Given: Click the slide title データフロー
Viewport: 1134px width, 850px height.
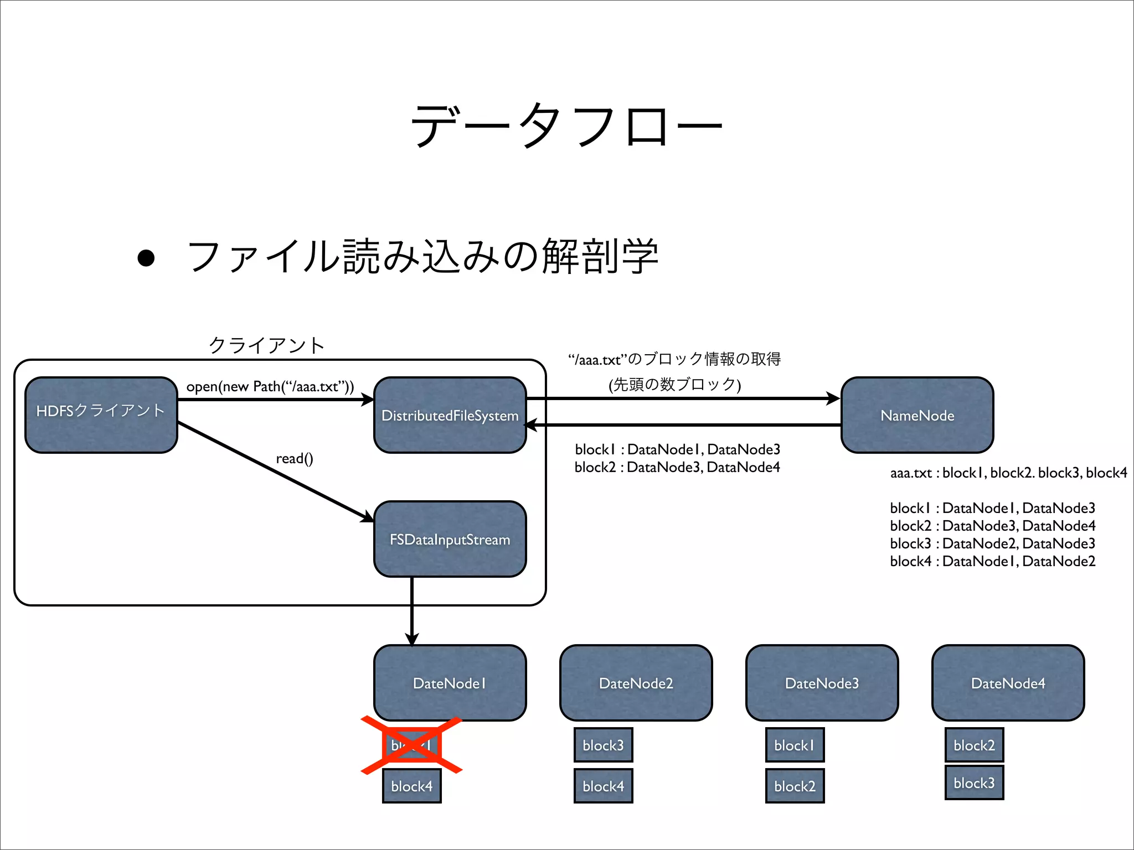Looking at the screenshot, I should tap(566, 126).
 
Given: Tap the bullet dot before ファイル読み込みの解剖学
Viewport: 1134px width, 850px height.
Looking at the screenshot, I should tap(146, 258).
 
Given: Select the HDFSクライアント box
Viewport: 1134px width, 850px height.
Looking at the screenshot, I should tap(101, 415).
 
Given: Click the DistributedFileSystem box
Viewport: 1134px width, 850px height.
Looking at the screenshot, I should tap(450, 416).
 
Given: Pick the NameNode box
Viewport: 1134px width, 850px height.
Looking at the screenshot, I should tap(917, 416).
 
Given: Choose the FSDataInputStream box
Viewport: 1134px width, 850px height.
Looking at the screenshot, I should tap(450, 540).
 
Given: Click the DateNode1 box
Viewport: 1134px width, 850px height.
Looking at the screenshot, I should tap(450, 683).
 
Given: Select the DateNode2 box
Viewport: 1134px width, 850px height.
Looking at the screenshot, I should tap(636, 683).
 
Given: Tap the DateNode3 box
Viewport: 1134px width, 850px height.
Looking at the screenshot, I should tap(822, 683).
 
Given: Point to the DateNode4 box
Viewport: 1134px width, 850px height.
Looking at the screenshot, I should tap(1008, 683).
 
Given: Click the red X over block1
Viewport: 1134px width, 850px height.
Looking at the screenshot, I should tap(411, 745).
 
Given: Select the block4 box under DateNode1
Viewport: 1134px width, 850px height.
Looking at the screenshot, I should tap(411, 786).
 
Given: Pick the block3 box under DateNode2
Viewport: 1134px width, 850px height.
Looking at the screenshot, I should tap(603, 745).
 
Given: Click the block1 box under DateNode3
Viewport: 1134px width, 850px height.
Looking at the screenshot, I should tap(795, 745).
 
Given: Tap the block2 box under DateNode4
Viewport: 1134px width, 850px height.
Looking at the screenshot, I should tap(974, 745).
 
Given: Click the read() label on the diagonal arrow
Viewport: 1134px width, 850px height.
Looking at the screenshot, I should tap(295, 459).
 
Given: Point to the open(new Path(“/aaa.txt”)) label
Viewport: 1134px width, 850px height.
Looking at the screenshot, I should tap(270, 386).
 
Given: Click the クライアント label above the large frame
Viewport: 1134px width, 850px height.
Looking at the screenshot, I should tap(266, 345).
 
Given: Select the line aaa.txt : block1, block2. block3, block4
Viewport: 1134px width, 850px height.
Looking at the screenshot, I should tap(1008, 473).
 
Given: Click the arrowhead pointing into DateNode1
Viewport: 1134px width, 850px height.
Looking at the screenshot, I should tap(412, 639).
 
